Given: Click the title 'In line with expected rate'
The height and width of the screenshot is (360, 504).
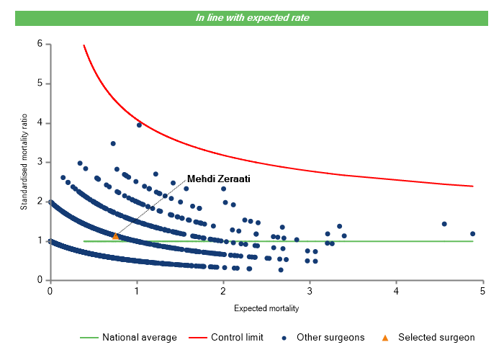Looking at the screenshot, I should (x=252, y=17).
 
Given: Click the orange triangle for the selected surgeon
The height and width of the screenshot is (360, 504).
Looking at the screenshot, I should (x=115, y=235).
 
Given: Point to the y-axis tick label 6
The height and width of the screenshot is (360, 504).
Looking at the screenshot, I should (x=40, y=44).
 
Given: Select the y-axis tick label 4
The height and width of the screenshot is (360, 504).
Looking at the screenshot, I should (x=40, y=123).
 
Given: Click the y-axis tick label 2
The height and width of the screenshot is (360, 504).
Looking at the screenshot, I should (x=40, y=202).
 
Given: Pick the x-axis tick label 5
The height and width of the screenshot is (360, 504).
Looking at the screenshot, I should (x=482, y=291).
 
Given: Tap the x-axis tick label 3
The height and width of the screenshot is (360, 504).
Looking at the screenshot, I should (x=310, y=291).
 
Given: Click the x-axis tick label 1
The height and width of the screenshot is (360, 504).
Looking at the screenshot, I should (x=136, y=291).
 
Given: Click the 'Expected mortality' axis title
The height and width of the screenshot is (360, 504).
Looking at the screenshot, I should (x=266, y=308).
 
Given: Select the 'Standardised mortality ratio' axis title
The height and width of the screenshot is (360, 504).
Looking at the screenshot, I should (x=24, y=162).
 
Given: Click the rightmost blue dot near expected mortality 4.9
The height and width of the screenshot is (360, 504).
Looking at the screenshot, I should (x=472, y=233).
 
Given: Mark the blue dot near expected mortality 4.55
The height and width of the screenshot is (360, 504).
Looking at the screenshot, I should (x=444, y=224).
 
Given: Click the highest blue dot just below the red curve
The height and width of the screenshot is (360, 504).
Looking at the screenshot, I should (x=140, y=125).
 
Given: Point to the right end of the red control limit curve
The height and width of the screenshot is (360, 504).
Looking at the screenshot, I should (x=473, y=186).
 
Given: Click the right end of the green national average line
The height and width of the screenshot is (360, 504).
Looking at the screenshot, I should (x=473, y=241).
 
